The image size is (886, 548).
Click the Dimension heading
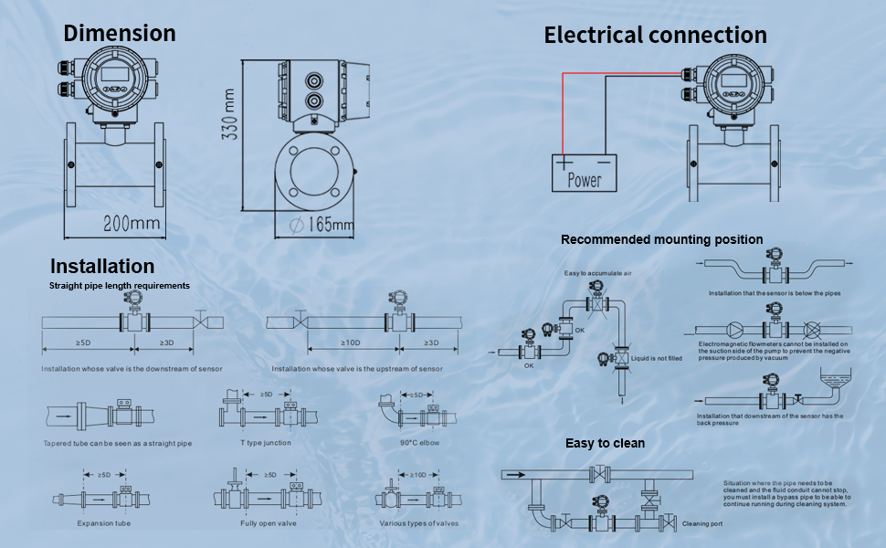120,34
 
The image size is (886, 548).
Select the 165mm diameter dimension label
321,224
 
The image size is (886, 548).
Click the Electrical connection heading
655,36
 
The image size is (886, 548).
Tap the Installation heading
102,267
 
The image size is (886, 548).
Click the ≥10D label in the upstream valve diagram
350,343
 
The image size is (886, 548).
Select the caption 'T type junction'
265,443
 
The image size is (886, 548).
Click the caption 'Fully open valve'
269,523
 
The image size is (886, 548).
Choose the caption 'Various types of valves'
418,523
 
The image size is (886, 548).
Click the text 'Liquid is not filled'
657,359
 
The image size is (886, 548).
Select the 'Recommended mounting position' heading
661,239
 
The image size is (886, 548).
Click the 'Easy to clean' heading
605,443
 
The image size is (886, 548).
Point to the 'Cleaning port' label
703,524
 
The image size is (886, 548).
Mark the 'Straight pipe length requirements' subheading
120,286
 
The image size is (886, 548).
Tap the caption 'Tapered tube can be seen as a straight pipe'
118,444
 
